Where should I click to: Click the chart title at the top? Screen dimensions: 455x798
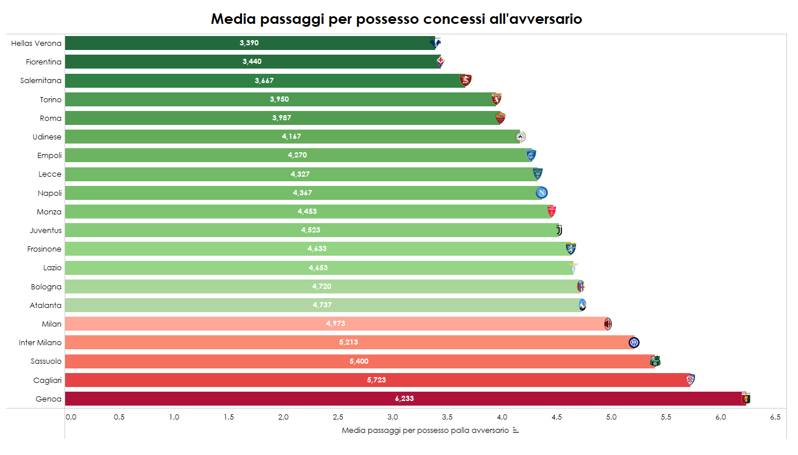(396, 19)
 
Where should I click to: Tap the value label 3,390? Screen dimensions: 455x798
(249, 43)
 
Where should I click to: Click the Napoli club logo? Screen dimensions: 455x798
(541, 193)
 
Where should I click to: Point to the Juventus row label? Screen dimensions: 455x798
(45, 231)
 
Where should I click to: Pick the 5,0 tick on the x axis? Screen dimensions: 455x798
(611, 417)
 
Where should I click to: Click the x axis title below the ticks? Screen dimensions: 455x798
(425, 431)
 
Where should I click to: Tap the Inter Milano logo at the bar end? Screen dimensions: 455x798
(634, 342)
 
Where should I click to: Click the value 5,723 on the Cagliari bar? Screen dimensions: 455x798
(376, 380)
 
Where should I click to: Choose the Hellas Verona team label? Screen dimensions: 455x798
(36, 44)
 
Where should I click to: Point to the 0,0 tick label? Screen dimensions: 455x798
(70, 417)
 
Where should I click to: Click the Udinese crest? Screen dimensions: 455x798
(521, 137)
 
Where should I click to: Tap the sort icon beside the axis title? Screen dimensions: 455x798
(515, 431)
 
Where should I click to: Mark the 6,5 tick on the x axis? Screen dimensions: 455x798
(775, 417)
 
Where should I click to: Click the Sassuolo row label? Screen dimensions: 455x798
(46, 361)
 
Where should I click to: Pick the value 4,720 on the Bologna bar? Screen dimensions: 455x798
(322, 286)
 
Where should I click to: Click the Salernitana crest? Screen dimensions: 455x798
(465, 80)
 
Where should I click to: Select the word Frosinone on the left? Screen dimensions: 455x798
(44, 249)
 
